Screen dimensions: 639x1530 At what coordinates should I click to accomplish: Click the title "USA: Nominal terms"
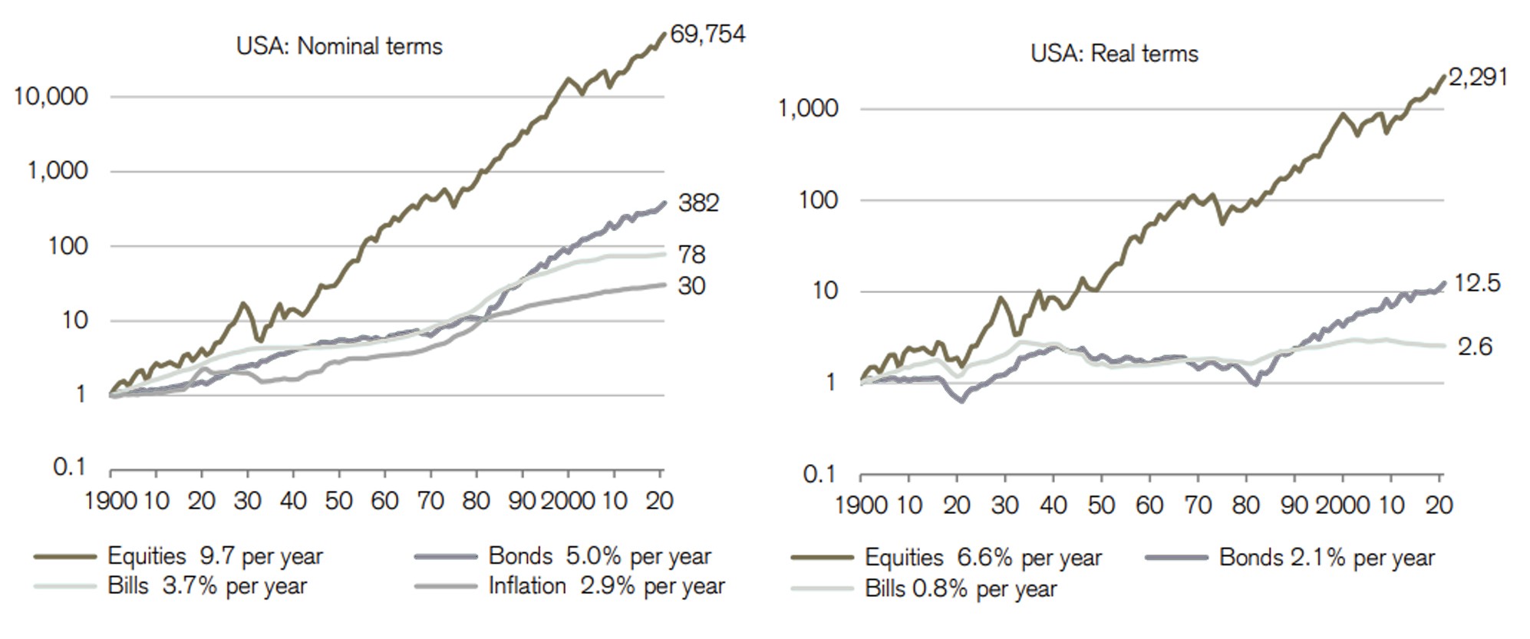pyautogui.click(x=339, y=47)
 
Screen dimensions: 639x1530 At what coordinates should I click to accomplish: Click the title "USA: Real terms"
pyautogui.click(x=1114, y=54)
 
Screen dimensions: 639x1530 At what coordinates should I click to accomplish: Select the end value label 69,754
pyautogui.click(x=707, y=35)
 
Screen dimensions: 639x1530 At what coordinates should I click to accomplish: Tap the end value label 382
pyautogui.click(x=698, y=203)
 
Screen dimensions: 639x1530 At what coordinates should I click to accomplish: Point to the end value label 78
pyautogui.click(x=691, y=255)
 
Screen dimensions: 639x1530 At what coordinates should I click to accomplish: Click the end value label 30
pyautogui.click(x=691, y=286)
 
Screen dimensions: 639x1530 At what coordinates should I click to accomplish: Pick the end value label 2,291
pyautogui.click(x=1478, y=77)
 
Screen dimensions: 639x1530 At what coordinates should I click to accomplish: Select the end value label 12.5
pyautogui.click(x=1477, y=283)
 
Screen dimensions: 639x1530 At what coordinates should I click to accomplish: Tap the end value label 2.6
pyautogui.click(x=1475, y=347)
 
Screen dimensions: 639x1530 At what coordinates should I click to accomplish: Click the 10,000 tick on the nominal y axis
pyautogui.click(x=51, y=97)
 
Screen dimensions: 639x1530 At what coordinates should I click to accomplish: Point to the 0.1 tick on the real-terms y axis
pyautogui.click(x=819, y=474)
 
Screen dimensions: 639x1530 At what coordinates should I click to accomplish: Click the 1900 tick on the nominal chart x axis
pyautogui.click(x=110, y=501)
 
